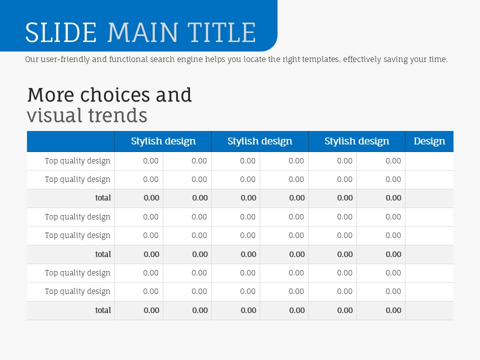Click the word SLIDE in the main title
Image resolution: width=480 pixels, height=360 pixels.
[x=60, y=32]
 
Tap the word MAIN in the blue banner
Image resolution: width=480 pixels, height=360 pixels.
[x=142, y=32]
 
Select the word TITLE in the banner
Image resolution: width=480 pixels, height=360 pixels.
[x=221, y=32]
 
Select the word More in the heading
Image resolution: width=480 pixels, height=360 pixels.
[x=50, y=95]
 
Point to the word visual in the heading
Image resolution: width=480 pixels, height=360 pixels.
[x=54, y=115]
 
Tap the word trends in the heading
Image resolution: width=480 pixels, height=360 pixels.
[x=118, y=115]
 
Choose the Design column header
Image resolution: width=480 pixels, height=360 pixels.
[x=429, y=141]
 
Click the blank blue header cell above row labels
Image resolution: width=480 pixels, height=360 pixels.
[x=70, y=141]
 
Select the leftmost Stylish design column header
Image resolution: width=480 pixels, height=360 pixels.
[x=163, y=141]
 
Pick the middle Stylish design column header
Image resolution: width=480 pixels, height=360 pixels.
[x=260, y=141]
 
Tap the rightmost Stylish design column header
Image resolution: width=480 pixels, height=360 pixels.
[x=357, y=141]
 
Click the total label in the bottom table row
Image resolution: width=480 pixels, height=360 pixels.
[x=103, y=310]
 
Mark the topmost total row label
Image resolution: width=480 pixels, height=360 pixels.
[x=103, y=198]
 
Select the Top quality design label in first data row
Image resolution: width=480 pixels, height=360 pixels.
[x=77, y=161]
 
